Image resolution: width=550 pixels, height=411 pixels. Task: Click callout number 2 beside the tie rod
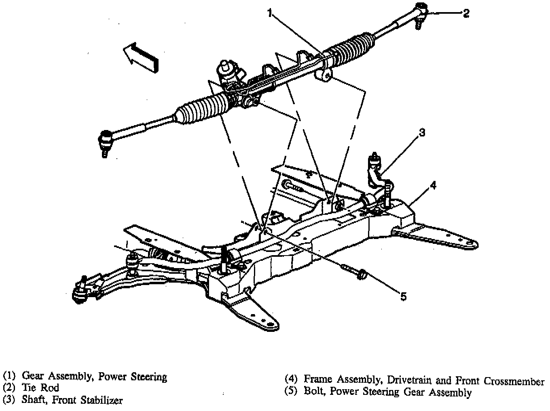pyautogui.click(x=466, y=13)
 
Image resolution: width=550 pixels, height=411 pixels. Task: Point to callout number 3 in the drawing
pyautogui.click(x=421, y=132)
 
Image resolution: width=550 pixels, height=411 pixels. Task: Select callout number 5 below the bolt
pyautogui.click(x=403, y=297)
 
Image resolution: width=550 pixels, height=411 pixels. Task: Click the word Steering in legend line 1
pyautogui.click(x=149, y=377)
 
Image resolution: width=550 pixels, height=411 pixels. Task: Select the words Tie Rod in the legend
pyautogui.click(x=40, y=388)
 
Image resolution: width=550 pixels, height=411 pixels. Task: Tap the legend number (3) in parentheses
pyautogui.click(x=9, y=400)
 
